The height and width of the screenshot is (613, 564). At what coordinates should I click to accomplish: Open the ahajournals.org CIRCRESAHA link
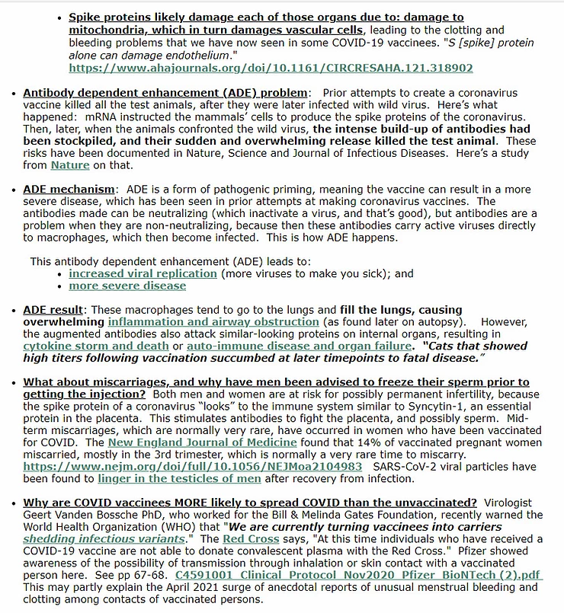tap(271, 69)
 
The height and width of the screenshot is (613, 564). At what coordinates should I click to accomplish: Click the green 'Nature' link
tap(70, 164)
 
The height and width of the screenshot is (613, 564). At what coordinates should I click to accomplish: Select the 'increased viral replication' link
tap(143, 273)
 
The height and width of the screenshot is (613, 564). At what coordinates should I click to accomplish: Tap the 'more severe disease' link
tap(127, 286)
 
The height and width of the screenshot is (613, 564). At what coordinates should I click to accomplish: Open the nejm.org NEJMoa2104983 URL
tap(192, 466)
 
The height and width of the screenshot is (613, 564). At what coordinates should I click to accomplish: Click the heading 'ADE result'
tap(52, 309)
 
